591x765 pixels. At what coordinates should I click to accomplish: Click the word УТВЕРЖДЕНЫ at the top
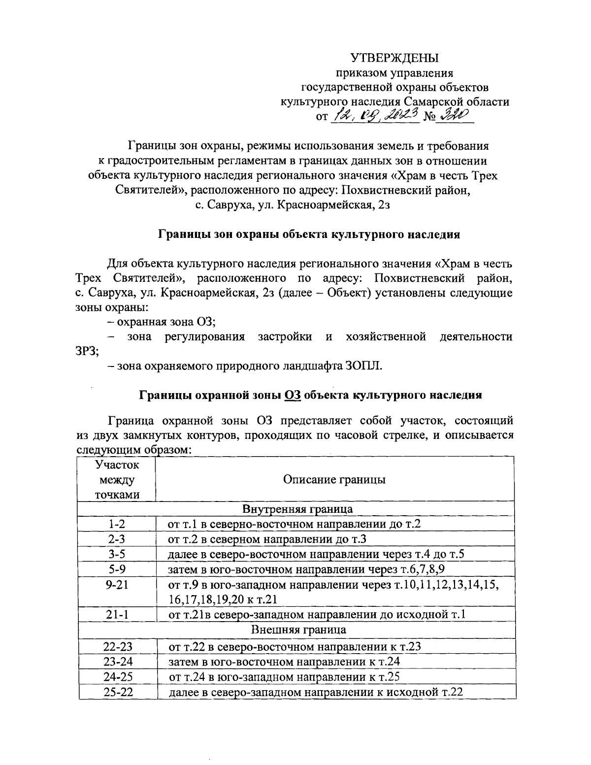point(394,58)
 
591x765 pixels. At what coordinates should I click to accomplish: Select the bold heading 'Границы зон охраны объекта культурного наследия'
point(309,234)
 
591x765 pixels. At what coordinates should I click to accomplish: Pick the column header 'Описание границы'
point(334,479)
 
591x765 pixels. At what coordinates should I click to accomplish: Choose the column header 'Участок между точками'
point(117,479)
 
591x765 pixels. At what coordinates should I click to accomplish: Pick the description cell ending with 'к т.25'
point(284,676)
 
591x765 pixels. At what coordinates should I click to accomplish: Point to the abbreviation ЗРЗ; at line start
point(88,352)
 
